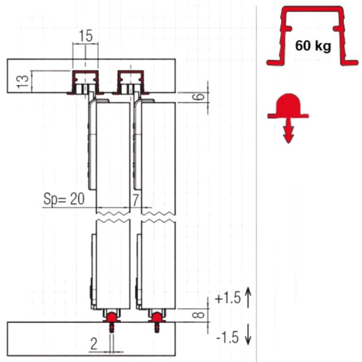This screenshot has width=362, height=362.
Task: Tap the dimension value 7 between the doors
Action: [136, 200]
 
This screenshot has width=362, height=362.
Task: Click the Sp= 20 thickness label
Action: [64, 199]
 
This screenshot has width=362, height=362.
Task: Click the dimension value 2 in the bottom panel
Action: [94, 344]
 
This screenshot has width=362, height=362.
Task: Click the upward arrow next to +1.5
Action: [248, 297]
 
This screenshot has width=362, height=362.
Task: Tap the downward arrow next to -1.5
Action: [248, 335]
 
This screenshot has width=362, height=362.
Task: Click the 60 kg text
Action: [313, 46]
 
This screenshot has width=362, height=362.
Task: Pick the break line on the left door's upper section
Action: [113, 213]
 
